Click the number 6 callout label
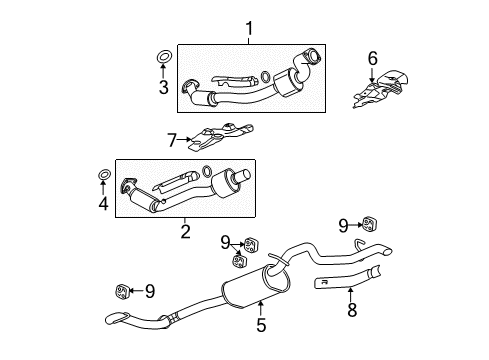373,58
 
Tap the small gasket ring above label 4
104,178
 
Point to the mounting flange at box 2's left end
128,186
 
